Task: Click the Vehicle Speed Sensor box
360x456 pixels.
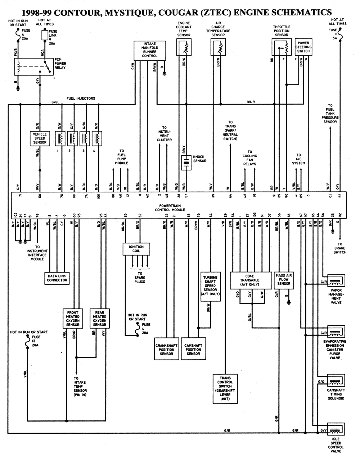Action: point(40,138)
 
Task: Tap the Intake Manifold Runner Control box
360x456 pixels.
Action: point(150,51)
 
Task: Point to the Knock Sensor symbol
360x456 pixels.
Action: point(186,163)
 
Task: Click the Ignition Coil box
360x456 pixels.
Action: point(136,249)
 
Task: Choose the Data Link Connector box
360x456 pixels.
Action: point(57,278)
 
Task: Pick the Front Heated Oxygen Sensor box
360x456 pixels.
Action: point(73,319)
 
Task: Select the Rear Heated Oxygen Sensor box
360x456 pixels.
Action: point(100,319)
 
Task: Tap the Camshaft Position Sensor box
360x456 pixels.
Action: point(193,349)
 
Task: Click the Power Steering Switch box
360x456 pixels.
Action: point(303,47)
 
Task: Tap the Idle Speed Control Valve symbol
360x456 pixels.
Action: point(336,430)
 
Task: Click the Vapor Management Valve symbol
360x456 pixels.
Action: point(336,281)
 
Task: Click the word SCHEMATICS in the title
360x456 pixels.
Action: point(300,13)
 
